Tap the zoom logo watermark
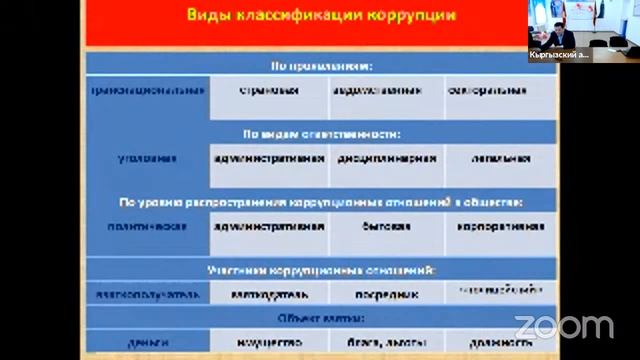(x=563, y=326)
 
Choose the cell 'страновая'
(x=269, y=90)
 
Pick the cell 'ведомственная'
(x=385, y=90)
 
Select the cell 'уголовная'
(x=146, y=158)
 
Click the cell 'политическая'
(x=146, y=226)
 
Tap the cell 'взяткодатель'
(x=269, y=295)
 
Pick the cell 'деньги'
(x=146, y=343)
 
